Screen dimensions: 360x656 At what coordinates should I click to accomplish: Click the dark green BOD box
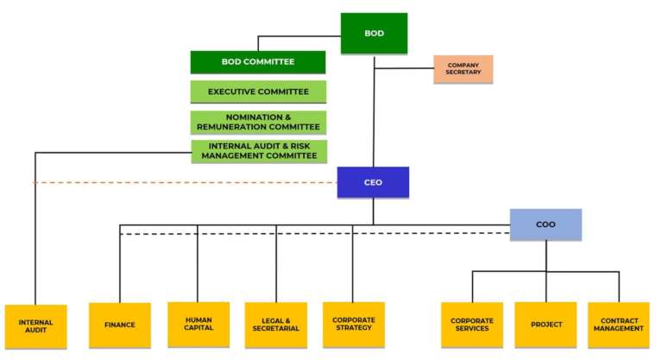pyautogui.click(x=374, y=34)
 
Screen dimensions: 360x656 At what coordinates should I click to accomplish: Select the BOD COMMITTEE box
pyautogui.click(x=258, y=62)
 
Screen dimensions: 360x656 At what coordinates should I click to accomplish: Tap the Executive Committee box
pyautogui.click(x=258, y=92)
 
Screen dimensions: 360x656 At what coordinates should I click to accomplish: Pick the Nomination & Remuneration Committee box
pyautogui.click(x=258, y=122)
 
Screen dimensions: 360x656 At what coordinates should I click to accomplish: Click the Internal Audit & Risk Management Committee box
pyautogui.click(x=258, y=151)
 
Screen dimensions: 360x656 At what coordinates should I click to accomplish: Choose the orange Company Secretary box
pyautogui.click(x=463, y=69)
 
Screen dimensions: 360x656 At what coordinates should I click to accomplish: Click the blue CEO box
pyautogui.click(x=373, y=182)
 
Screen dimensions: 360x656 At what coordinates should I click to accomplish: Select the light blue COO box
pyautogui.click(x=546, y=224)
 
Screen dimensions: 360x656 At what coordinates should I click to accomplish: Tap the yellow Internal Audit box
pyautogui.click(x=35, y=326)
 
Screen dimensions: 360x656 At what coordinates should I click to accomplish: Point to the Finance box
pyautogui.click(x=120, y=325)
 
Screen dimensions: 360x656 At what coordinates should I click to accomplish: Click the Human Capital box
pyautogui.click(x=199, y=324)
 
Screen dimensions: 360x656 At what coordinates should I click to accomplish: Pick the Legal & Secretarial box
pyautogui.click(x=276, y=325)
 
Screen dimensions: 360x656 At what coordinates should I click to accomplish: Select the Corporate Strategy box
pyautogui.click(x=354, y=324)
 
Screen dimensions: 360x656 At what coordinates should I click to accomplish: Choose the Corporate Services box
pyautogui.click(x=472, y=325)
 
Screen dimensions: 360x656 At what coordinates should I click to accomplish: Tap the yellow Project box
pyautogui.click(x=546, y=325)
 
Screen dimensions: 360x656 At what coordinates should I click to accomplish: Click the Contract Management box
pyautogui.click(x=619, y=325)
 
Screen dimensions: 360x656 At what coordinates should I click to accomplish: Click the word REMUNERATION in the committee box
pyautogui.click(x=233, y=127)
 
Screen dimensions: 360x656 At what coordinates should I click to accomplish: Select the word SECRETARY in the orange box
pyautogui.click(x=463, y=73)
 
